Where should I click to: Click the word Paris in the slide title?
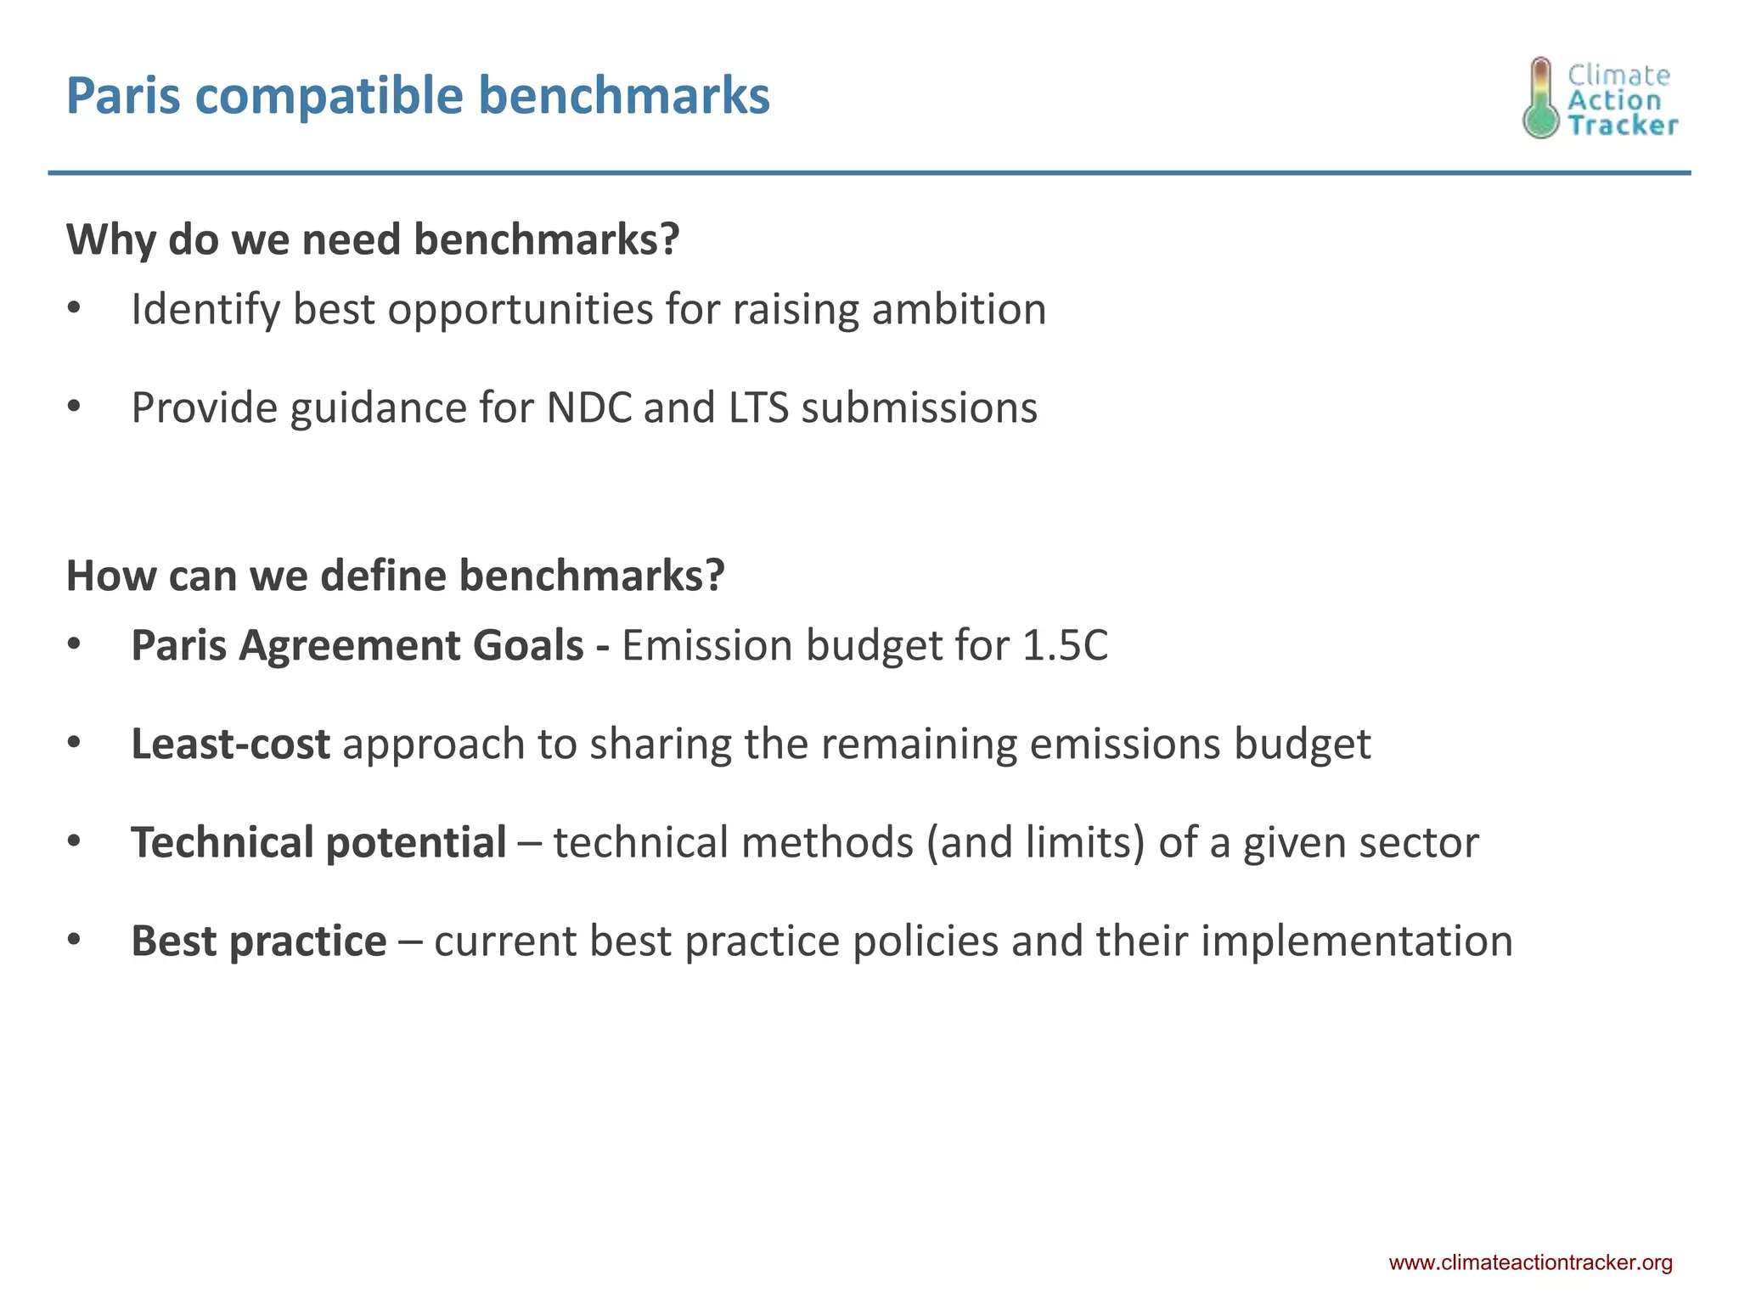[123, 95]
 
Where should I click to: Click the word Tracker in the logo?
[1622, 126]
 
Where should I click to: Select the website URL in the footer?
[1530, 1262]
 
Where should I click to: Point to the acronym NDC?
[589, 407]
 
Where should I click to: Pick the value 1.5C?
[1065, 645]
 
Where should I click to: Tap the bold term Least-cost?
[230, 744]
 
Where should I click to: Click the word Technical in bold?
[222, 842]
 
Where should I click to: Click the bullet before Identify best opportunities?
[74, 309]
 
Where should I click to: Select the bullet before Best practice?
[74, 941]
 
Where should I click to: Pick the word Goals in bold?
[527, 645]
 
